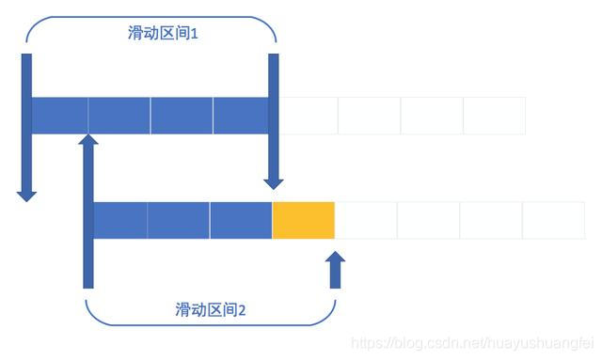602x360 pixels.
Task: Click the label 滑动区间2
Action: point(211,308)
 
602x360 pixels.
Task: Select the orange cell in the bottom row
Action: point(304,219)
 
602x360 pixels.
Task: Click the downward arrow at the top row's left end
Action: point(26,127)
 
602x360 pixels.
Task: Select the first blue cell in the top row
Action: point(60,115)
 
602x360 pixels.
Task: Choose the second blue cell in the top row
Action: point(119,115)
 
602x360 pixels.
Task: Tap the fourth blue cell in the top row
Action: point(242,115)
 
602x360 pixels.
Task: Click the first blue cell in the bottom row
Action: point(120,219)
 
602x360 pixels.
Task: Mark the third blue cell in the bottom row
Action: point(241,219)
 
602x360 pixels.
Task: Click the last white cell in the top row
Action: point(494,115)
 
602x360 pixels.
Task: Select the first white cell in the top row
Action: point(309,115)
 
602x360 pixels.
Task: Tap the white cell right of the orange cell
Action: point(366,219)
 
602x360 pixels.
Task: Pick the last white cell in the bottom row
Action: point(553,219)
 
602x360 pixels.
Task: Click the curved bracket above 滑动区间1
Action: point(150,18)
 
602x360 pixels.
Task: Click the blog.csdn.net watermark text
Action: point(471,344)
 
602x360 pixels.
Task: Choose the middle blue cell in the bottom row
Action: point(179,219)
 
